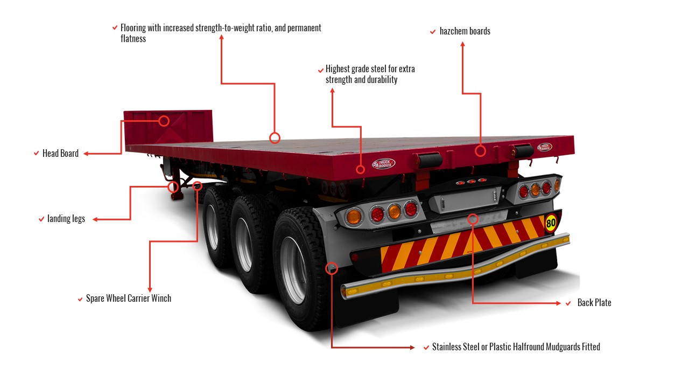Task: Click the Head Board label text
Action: coord(60,154)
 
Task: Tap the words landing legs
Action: coord(66,219)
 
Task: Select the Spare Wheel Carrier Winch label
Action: coord(129,299)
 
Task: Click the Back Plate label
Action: coord(594,303)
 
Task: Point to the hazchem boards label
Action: coord(465,31)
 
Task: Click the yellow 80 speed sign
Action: coord(551,222)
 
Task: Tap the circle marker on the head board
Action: coord(164,121)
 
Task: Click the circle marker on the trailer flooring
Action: coord(275,138)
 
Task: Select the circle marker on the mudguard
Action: coord(332,268)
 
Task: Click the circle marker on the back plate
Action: coord(473,219)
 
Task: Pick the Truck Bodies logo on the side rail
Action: coord(384,164)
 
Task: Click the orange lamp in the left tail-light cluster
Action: coord(354,217)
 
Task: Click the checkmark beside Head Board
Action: coord(36,154)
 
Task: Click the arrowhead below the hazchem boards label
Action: coord(462,44)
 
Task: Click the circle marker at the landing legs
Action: coord(173,187)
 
